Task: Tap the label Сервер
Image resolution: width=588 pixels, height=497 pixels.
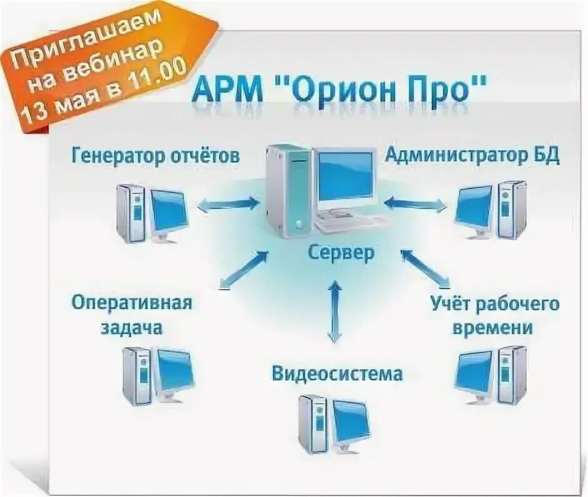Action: (341, 253)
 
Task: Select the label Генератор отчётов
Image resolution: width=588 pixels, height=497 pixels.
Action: (155, 155)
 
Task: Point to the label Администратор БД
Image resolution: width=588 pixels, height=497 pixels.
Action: (472, 155)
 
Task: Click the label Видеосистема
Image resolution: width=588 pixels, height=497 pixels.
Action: (337, 374)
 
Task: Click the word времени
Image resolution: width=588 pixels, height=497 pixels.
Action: (495, 328)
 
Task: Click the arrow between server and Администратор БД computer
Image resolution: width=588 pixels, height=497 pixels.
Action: (416, 203)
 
